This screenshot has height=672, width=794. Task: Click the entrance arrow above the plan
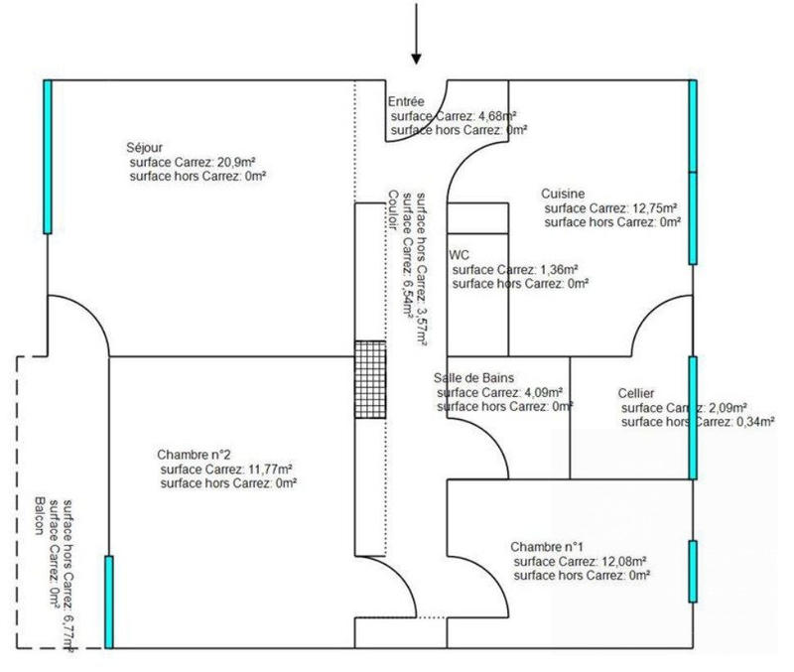(416, 34)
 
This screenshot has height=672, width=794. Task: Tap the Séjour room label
(144, 148)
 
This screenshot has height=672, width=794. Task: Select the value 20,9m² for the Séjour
(235, 163)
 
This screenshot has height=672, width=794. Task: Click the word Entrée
(406, 102)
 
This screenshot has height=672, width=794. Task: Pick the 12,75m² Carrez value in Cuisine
(653, 208)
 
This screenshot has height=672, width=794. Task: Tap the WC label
(459, 255)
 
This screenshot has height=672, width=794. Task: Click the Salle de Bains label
(473, 378)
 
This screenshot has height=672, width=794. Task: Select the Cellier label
(635, 393)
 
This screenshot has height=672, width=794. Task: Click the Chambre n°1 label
(547, 547)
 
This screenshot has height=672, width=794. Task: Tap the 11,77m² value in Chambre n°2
(269, 469)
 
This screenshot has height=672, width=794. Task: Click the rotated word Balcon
(40, 516)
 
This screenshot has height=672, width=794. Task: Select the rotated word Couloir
(393, 210)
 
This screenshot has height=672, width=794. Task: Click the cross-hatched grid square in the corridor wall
(370, 379)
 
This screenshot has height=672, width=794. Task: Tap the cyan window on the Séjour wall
(48, 157)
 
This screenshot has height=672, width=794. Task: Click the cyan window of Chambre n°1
(693, 571)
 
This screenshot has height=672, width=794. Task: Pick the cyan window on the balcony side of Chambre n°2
(109, 602)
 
